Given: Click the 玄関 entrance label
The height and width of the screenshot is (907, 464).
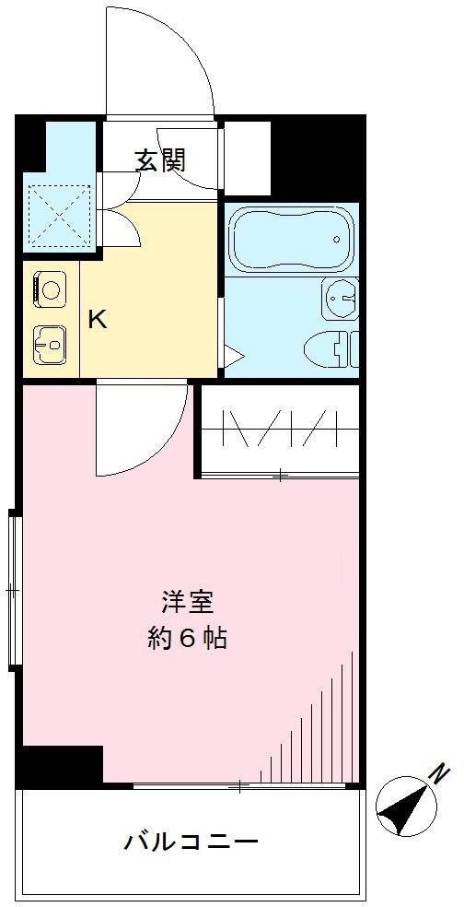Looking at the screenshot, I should [161, 160].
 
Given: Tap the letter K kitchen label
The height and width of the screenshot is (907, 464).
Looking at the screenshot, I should [97, 321].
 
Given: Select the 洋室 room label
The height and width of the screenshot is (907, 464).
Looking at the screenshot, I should [187, 603].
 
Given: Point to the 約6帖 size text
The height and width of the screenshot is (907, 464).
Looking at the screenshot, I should [187, 638].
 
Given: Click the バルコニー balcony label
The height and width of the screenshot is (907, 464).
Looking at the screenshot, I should [191, 841].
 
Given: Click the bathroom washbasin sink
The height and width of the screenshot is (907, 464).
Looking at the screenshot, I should [342, 297].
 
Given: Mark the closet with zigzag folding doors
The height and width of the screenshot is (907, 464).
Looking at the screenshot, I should [278, 429].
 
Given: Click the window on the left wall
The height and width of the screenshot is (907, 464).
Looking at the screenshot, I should [13, 587].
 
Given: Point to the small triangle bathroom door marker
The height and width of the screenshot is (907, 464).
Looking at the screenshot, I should [232, 355].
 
